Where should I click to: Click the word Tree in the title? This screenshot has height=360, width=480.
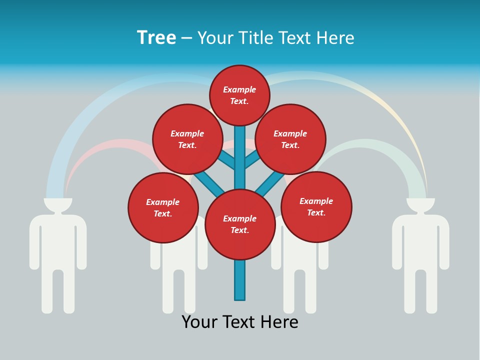point(156,37)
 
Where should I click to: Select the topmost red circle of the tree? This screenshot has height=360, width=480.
point(239,95)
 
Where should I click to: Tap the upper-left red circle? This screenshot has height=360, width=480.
point(187,139)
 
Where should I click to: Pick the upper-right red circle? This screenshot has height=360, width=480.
point(290,139)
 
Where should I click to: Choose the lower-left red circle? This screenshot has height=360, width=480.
point(163,207)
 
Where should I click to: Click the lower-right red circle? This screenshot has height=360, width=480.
point(316,206)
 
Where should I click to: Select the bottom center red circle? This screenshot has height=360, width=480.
point(240,224)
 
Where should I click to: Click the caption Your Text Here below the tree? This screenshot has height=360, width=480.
point(240,322)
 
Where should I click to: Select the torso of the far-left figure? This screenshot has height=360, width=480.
point(58,240)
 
